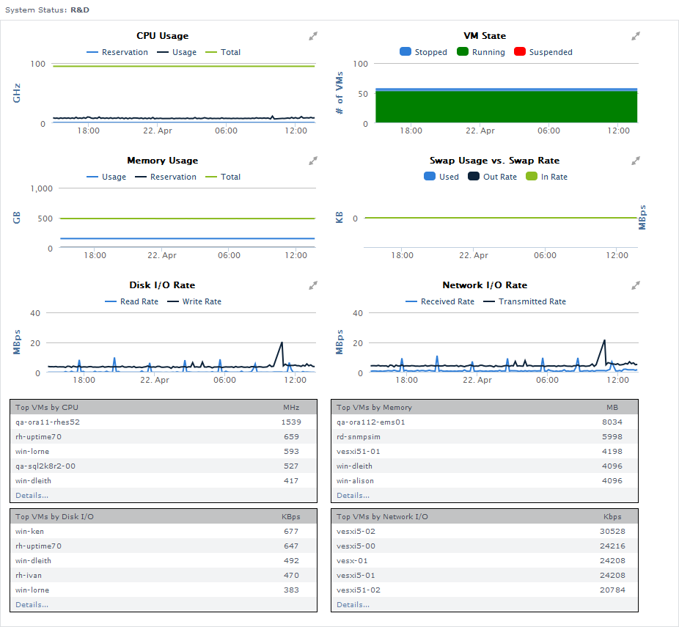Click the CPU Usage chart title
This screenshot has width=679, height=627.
click(162, 36)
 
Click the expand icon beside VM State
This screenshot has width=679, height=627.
click(636, 36)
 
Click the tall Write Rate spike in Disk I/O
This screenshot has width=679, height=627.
click(282, 343)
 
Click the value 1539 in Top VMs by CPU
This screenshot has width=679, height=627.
click(291, 422)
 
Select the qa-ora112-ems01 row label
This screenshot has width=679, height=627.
click(371, 422)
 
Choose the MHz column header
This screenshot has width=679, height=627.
click(291, 407)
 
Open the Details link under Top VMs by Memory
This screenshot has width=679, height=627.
click(353, 496)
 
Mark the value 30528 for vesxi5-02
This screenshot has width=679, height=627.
click(612, 532)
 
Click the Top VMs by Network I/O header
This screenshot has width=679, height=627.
click(382, 516)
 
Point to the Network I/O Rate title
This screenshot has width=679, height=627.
click(485, 285)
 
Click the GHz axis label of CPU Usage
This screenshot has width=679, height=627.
click(17, 93)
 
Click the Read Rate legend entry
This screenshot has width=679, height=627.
click(139, 301)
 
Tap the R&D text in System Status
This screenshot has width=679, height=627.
click(80, 10)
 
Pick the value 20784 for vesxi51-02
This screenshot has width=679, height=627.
click(612, 590)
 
